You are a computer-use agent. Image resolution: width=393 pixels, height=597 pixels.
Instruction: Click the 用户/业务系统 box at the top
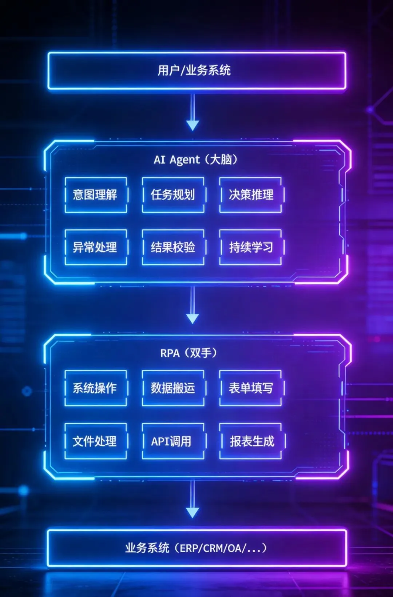(x=196, y=71)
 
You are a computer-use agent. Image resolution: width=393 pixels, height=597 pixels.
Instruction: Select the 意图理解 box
(x=96, y=195)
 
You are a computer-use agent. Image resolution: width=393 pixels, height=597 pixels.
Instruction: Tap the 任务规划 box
(x=173, y=195)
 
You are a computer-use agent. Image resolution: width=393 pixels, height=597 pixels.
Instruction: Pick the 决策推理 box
(x=251, y=195)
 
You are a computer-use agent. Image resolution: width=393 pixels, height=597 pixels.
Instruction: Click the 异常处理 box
(x=96, y=247)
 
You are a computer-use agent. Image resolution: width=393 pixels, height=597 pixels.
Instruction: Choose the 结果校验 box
(x=173, y=247)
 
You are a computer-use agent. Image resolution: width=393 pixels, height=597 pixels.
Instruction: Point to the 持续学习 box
(x=251, y=247)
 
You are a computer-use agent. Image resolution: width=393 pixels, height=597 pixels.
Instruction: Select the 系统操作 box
(x=96, y=388)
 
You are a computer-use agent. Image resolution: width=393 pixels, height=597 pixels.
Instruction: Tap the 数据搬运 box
(x=173, y=388)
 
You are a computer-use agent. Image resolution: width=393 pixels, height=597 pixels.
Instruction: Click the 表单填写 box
(x=251, y=388)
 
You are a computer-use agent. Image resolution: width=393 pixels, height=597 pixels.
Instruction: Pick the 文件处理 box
(x=96, y=441)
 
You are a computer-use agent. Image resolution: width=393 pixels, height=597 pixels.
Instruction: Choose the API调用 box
(x=173, y=441)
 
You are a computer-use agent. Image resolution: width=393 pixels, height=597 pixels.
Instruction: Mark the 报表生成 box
(x=251, y=441)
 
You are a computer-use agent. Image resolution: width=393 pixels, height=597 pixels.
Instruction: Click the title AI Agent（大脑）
(x=195, y=160)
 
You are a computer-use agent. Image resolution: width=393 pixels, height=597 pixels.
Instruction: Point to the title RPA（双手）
(x=188, y=353)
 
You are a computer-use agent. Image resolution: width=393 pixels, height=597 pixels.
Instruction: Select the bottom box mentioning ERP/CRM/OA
(x=196, y=548)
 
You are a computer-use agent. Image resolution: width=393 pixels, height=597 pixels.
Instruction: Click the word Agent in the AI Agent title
(x=184, y=160)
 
